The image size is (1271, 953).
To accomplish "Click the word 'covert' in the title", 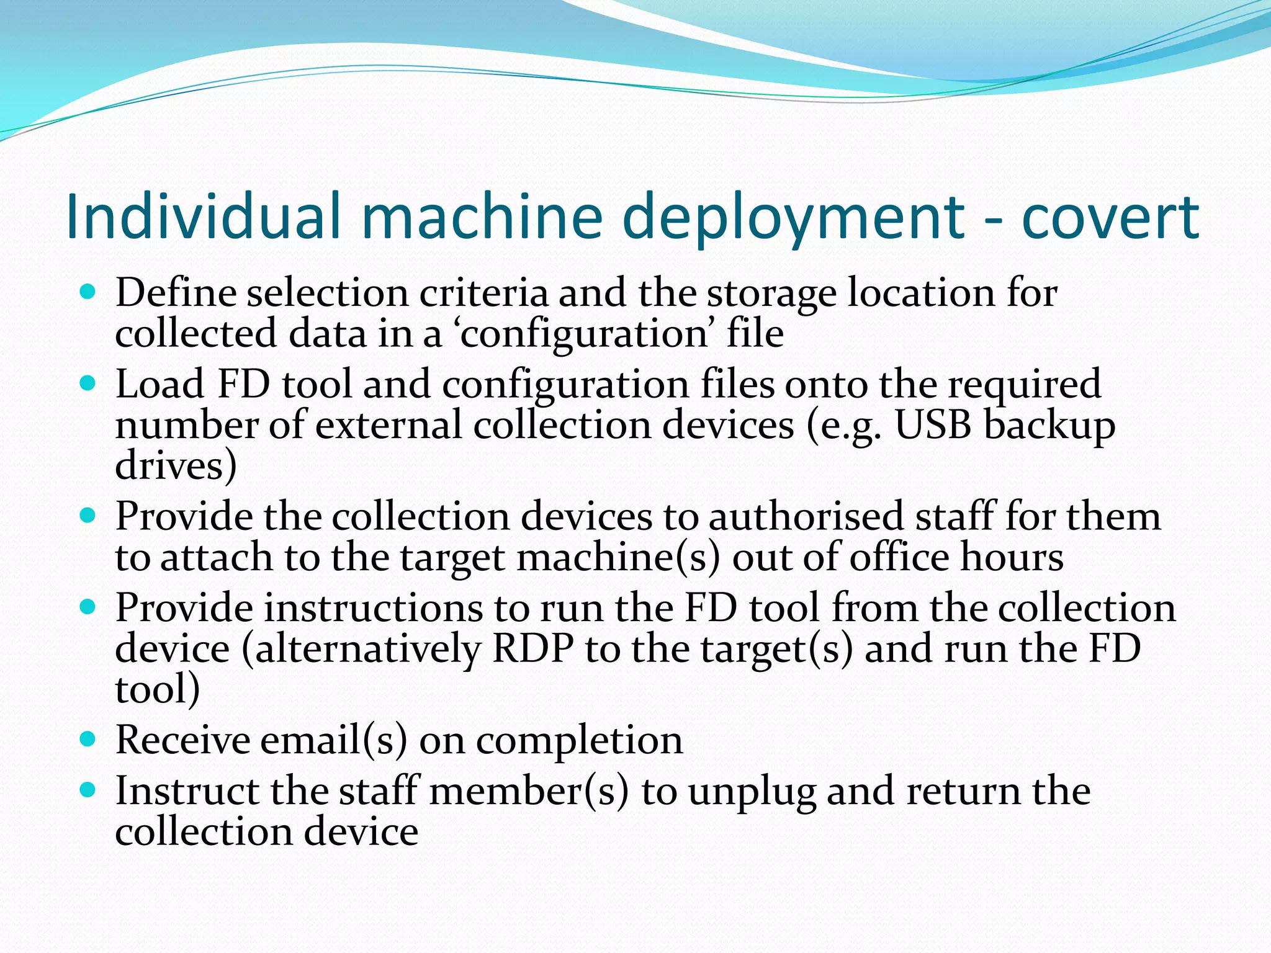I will (1110, 217).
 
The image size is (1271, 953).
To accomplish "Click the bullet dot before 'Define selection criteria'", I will (88, 292).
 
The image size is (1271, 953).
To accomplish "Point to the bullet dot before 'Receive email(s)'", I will (88, 739).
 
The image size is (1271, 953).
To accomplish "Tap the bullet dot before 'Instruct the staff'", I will (88, 790).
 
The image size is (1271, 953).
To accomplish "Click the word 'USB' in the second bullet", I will (933, 426).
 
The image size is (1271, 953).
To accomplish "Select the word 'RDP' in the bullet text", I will (532, 649).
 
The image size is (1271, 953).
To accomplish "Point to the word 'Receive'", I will (182, 740).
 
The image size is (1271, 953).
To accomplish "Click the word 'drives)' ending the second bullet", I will (176, 465).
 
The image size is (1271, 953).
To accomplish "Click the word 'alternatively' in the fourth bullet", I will (368, 649).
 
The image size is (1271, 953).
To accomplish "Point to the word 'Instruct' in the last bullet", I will (187, 791).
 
